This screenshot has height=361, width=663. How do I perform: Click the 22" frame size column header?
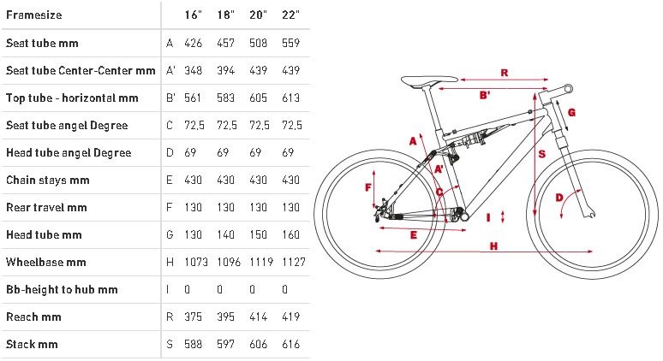[291, 15]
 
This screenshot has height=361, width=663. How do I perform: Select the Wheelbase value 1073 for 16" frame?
[196, 263]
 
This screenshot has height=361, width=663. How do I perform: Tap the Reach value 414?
[258, 317]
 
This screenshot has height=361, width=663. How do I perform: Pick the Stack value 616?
[291, 344]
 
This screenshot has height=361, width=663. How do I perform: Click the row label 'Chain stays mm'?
[48, 180]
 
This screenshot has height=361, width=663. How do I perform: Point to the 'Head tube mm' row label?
[44, 234]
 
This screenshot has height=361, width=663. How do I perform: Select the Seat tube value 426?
[194, 43]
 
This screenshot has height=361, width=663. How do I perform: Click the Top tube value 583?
[226, 98]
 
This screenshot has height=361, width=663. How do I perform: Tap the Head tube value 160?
[291, 234]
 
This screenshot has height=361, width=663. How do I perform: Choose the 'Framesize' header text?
[33, 15]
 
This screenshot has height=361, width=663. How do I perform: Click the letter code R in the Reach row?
[170, 317]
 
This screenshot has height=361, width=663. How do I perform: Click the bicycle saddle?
[429, 80]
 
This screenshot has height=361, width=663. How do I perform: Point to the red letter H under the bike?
[493, 246]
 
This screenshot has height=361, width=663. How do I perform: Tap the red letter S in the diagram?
[542, 154]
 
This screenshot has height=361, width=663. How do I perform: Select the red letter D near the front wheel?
[559, 197]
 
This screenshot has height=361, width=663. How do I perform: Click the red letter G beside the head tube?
[571, 112]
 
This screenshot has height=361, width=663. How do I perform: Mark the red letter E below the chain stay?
[414, 235]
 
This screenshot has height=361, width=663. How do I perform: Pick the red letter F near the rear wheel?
[368, 187]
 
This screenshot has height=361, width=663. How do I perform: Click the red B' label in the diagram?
[485, 95]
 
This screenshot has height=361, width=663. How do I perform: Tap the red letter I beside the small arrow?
[488, 217]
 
